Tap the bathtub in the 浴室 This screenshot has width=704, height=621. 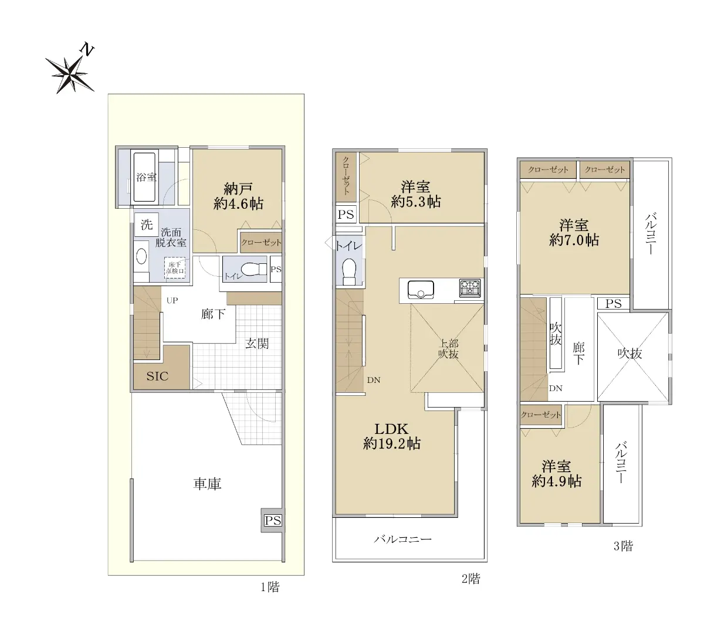tap(144, 177)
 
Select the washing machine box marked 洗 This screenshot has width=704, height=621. tap(147, 225)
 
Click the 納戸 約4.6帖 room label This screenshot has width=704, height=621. tap(238, 196)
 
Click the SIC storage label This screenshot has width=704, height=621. tap(157, 376)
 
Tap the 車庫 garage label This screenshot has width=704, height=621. tap(207, 483)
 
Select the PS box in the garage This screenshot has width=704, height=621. tap(273, 520)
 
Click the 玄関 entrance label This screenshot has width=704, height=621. tap(257, 344)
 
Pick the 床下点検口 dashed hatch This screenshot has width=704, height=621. tap(175, 268)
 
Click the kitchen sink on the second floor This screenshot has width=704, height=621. tap(421, 290)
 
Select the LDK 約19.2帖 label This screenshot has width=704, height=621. tap(392, 436)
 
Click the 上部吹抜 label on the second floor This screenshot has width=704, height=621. tap(448, 349)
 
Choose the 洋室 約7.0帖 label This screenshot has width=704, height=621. tap(574, 232)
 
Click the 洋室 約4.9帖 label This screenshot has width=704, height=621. tap(556, 474)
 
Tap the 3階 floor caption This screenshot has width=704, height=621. tap(623, 547)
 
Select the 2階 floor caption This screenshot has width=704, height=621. tap(471, 579)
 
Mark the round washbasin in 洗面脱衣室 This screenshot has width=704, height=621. tap(141, 257)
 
